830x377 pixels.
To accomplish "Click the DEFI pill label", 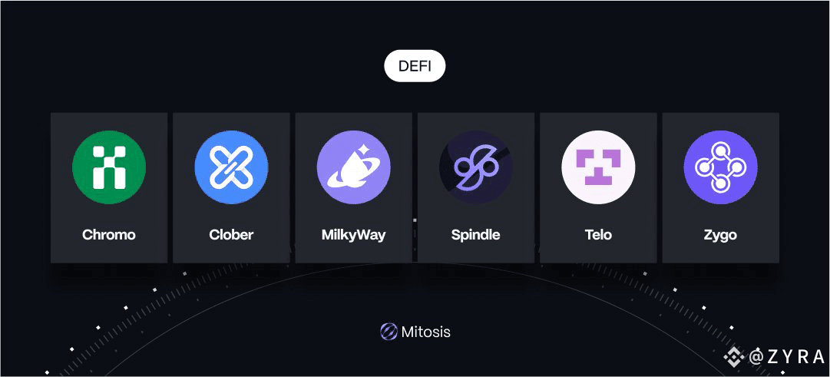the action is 415,66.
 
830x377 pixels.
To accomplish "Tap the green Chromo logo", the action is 109,167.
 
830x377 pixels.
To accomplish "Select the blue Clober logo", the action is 231,167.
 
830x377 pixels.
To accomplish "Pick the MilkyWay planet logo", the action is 353,167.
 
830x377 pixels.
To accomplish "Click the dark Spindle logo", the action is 475,167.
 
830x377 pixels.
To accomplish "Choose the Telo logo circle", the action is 598,167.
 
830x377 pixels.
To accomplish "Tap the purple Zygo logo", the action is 720,167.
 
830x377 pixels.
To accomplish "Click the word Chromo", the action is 109,234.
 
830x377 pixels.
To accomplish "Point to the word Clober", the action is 231,234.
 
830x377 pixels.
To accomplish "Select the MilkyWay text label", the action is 353,234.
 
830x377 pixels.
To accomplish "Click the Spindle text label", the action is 475,234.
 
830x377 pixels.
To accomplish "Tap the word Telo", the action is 598,234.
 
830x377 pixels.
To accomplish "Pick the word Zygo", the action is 720,234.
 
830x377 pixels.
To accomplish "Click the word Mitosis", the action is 425,332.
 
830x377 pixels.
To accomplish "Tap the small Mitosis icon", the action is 389,332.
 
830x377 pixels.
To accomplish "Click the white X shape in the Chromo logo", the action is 109,167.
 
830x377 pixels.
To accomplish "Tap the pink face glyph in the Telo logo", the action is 598,167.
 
